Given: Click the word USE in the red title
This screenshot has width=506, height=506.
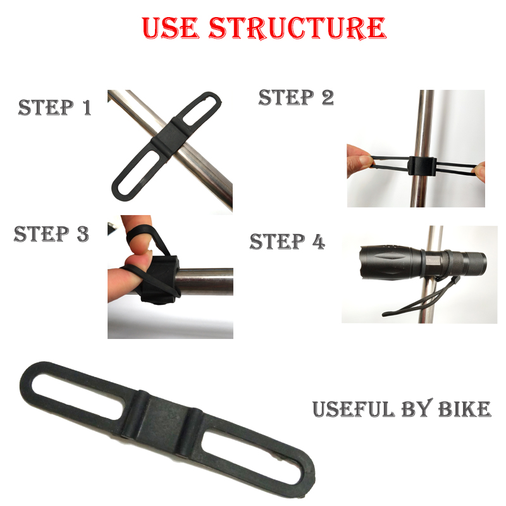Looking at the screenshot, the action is tap(170, 28).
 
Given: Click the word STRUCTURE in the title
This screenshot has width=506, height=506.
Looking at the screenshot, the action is tap(297, 28).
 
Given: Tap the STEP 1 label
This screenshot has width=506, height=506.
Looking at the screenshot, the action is tap(54, 108).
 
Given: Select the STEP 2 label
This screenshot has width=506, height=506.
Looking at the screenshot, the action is tap(296, 97).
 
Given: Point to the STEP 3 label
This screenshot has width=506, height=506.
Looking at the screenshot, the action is tap(51, 234).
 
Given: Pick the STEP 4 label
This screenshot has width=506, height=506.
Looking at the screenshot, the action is tap(287, 242).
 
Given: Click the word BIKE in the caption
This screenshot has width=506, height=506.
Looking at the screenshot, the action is tap(464, 409).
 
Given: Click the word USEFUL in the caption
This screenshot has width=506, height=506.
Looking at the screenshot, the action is tap(354, 409).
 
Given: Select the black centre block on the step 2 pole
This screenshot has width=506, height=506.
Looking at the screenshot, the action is tap(422, 166).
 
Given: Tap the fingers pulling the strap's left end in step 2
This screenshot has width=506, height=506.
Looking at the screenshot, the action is tap(360, 161).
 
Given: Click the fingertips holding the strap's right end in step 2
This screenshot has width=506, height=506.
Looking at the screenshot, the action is tap(480, 171).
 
